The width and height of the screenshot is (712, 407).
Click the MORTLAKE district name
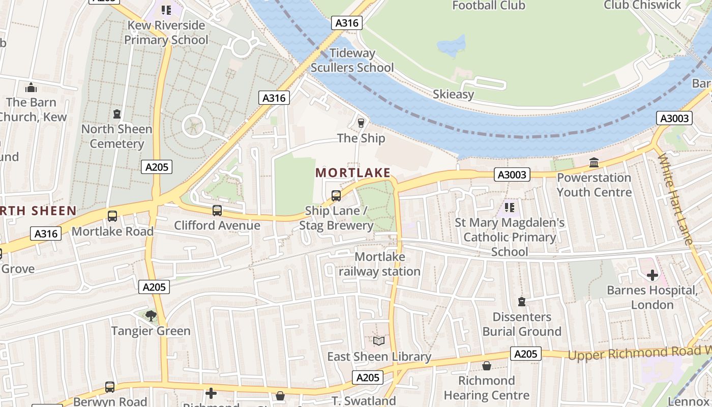[x=353, y=172]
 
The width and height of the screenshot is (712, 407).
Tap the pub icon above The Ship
[x=361, y=123]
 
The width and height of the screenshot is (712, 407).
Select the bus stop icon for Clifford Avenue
[x=217, y=210]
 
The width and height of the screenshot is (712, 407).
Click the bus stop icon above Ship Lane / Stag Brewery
[x=336, y=195]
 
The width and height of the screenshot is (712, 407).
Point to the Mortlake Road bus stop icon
[x=112, y=216]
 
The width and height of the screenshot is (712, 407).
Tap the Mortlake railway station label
[x=379, y=264]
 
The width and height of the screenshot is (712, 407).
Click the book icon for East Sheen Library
[x=379, y=341]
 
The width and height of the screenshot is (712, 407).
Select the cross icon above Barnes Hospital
[x=652, y=275]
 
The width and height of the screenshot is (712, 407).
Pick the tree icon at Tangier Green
[x=151, y=316]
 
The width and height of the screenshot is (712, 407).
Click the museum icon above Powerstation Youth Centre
[x=594, y=163]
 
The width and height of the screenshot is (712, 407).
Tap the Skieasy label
[x=453, y=94]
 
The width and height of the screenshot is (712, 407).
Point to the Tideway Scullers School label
[x=352, y=60]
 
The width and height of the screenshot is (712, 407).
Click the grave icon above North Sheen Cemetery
[x=117, y=113]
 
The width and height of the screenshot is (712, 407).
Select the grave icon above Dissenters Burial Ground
[x=521, y=302]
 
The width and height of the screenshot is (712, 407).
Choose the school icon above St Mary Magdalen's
[x=509, y=207]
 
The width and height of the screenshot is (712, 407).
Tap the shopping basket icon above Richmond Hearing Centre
[x=486, y=366]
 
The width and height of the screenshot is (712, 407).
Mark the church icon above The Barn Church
[x=31, y=88]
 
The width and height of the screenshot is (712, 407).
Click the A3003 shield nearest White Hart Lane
[x=674, y=119]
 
